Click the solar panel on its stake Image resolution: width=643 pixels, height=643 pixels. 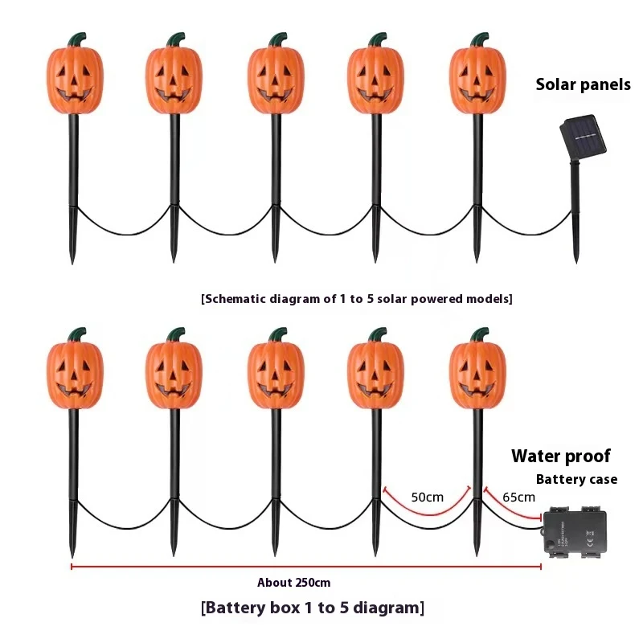point(584,137)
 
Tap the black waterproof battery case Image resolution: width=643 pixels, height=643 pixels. point(576,531)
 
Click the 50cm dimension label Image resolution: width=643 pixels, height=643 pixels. point(427,497)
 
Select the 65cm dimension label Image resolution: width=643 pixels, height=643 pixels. point(518,497)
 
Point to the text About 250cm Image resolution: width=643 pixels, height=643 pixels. point(293,583)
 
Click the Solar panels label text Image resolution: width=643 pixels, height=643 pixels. point(583,84)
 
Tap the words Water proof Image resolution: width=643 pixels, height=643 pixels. point(560,457)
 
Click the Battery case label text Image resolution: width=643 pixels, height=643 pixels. point(576,479)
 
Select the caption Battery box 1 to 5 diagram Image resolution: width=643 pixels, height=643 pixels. point(312,608)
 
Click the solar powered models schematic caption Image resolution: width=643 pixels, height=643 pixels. point(356,299)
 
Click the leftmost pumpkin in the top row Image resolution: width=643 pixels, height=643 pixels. point(73,79)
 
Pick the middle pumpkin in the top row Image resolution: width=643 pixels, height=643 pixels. point(276,79)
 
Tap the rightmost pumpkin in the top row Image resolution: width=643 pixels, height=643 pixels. point(477,79)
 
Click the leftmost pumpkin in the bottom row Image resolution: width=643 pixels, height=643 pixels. point(73,374)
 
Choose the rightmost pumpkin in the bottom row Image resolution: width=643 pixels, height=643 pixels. point(477,374)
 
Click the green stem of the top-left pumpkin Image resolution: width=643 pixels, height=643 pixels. point(76,38)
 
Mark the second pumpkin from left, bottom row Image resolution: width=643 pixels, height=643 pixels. point(174,374)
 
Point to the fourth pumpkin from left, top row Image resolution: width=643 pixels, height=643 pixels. point(376,79)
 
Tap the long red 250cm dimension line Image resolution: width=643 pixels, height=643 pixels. point(305,566)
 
